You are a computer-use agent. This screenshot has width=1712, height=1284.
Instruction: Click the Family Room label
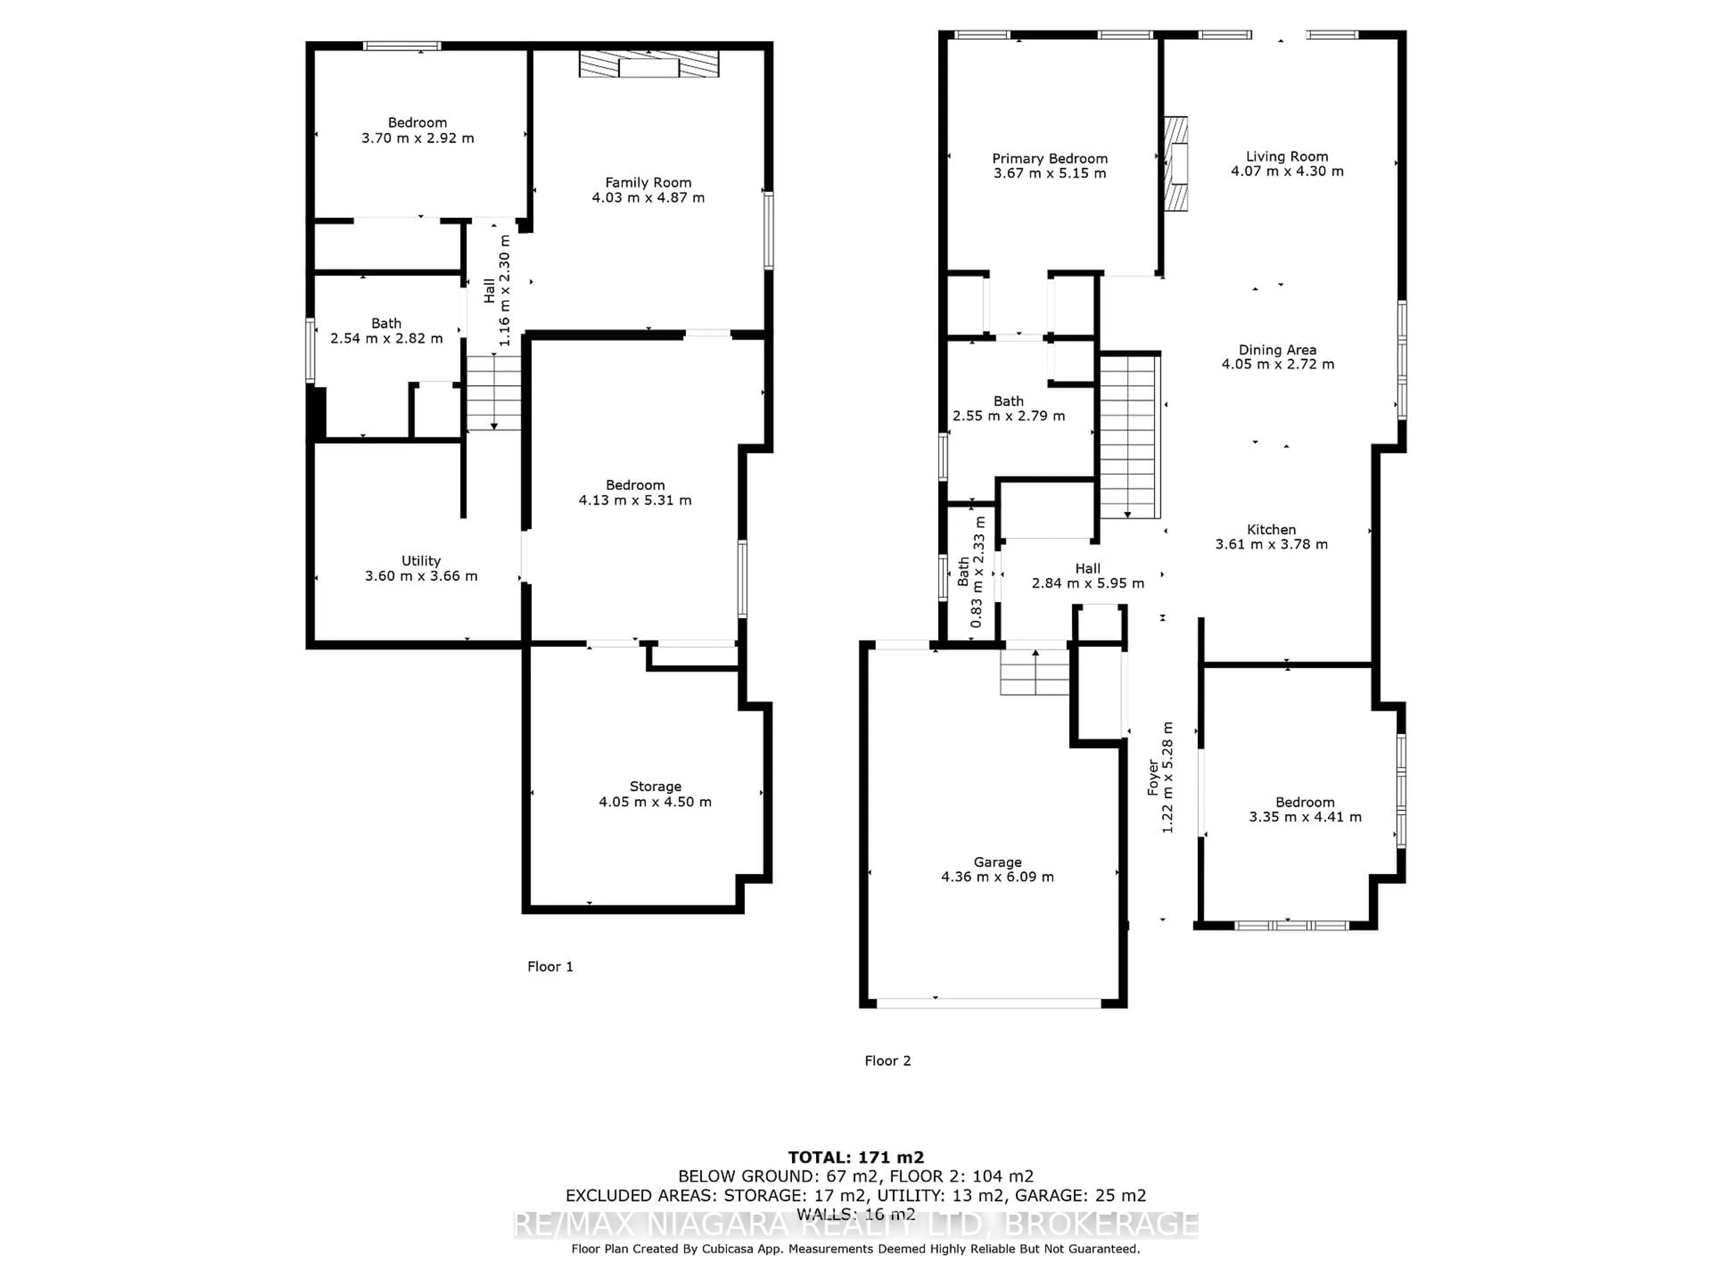pos(648,183)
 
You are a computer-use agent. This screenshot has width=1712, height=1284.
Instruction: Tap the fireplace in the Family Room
pos(649,64)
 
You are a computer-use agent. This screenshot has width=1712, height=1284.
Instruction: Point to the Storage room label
pos(655,786)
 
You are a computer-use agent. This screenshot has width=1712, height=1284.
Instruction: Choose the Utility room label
pos(420,561)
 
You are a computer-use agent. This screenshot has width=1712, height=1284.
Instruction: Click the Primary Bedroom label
pos(1049,159)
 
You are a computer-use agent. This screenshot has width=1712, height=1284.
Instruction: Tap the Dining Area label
pos(1277,350)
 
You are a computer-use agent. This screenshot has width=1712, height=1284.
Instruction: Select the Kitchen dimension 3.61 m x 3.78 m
pos(1271,544)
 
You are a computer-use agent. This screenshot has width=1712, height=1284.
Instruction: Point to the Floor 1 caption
pos(550,967)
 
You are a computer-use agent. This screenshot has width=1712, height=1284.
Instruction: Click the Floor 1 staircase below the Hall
pos(493,392)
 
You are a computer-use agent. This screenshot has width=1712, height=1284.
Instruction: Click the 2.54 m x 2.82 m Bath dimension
pos(386,338)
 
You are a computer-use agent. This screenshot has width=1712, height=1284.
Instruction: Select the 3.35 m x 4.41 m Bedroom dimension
pos(1305,816)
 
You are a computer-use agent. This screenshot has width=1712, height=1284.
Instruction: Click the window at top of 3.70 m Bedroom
pos(403,45)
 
